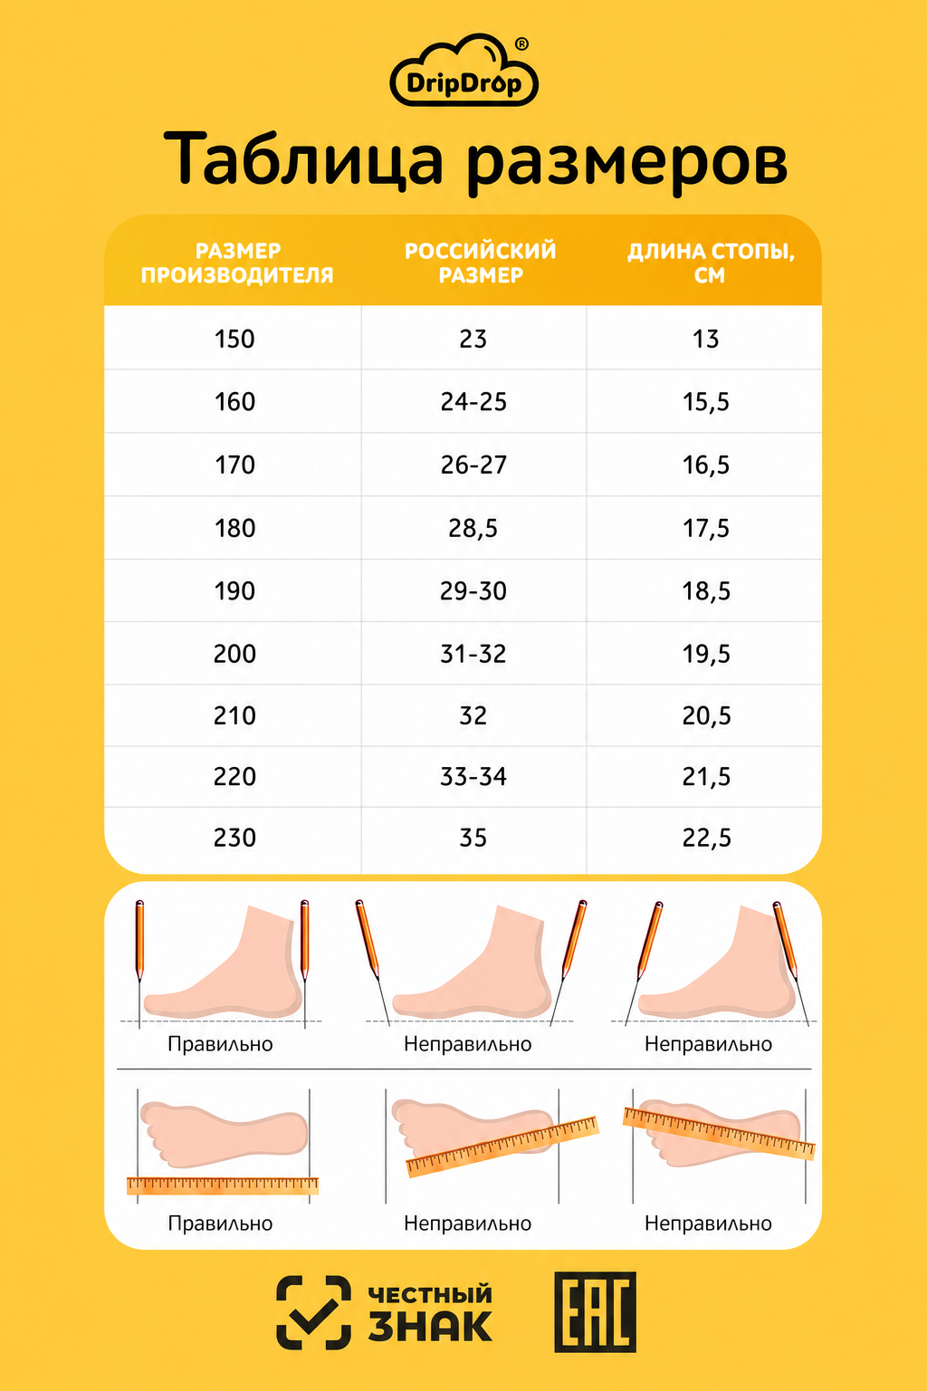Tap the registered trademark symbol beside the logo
click(521, 44)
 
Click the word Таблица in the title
click(303, 159)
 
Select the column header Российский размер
click(480, 263)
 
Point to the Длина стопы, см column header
click(711, 263)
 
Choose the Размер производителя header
click(237, 263)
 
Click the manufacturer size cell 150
click(234, 339)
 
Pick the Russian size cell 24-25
click(473, 402)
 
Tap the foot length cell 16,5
click(706, 465)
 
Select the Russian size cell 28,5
click(473, 529)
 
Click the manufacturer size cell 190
click(234, 590)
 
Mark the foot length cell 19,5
click(706, 654)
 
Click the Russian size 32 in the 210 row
click(473, 716)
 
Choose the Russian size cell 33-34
click(473, 777)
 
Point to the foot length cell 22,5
click(707, 839)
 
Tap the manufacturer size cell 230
click(234, 839)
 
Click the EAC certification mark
click(595, 1312)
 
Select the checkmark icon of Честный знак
click(313, 1313)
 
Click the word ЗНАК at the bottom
click(430, 1327)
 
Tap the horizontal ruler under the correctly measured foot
click(223, 1185)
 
